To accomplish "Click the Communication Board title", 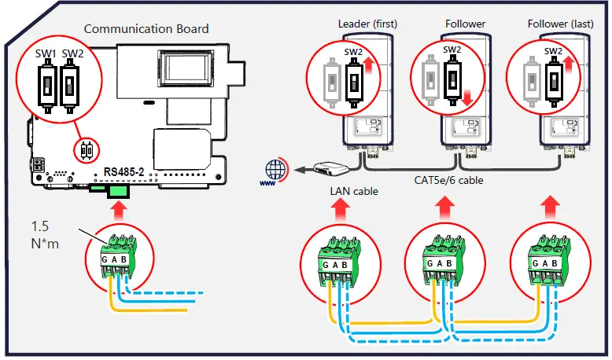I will coord(146,29).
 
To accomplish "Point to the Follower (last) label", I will coord(558,24).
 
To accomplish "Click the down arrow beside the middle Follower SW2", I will coord(466,98).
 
